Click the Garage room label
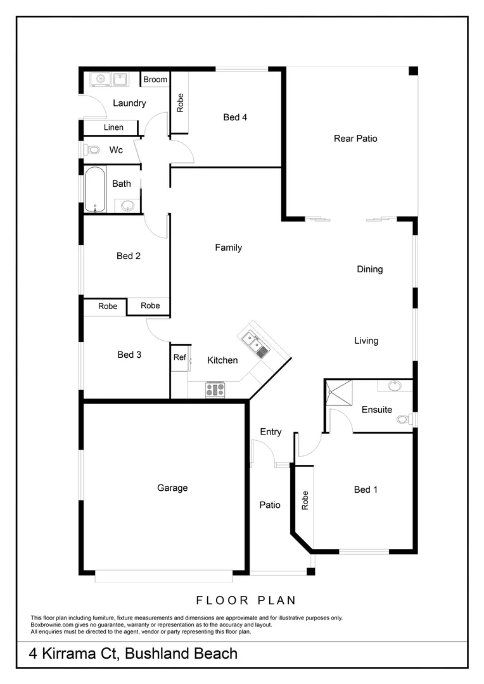pos(172,488)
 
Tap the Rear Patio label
pos(355,138)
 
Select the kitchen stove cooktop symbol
pos(215,389)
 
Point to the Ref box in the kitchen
pos(180,357)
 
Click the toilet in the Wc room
pos(92,151)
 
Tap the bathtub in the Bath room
pos(95,189)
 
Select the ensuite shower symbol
pos(338,393)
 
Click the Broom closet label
pos(155,79)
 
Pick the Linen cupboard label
pos(114,127)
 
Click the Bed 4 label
pos(235,117)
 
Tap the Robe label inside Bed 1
pos(305,500)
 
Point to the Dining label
pos(370,269)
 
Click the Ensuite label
pos(377,410)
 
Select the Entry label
pos(271,432)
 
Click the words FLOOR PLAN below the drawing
pos(246,600)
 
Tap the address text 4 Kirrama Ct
pos(73,654)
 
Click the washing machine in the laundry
pos(99,79)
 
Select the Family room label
pos(228,248)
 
